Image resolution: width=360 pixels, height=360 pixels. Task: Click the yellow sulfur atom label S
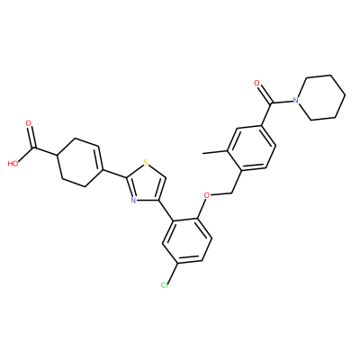(146, 163)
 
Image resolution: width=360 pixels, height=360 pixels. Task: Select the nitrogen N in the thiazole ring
(133, 201)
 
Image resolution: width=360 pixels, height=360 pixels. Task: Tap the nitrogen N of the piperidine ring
(296, 101)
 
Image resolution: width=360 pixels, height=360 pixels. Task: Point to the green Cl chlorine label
(165, 285)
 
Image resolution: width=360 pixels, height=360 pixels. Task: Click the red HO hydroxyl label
(13, 164)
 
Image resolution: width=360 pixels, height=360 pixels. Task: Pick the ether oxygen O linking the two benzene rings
(207, 195)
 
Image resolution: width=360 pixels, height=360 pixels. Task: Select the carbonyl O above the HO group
(29, 123)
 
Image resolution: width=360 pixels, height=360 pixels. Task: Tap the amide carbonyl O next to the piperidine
(256, 83)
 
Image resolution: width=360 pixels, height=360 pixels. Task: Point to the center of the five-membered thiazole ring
(146, 184)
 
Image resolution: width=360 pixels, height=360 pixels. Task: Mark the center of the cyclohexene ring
(80, 162)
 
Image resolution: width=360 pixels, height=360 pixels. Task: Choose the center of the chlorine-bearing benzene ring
(187, 241)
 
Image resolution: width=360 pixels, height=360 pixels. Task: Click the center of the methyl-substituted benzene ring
(251, 148)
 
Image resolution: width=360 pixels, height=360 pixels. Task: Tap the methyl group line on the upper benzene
(215, 152)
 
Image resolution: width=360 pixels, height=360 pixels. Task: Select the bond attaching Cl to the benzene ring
(173, 273)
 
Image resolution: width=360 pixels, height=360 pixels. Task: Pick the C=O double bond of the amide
(265, 94)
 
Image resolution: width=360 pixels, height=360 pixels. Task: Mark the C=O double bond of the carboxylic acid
(32, 138)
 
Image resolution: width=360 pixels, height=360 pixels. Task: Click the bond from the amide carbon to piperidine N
(282, 102)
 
